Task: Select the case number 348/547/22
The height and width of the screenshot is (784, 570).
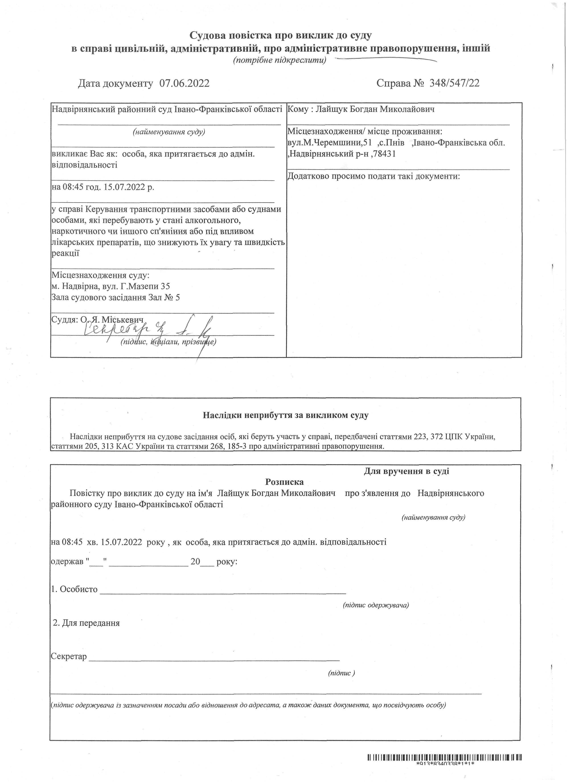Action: click(x=454, y=83)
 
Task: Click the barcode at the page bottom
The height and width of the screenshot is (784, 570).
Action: click(x=445, y=768)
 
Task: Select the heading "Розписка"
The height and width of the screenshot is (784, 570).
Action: click(x=284, y=482)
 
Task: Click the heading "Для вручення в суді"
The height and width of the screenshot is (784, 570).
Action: click(x=406, y=471)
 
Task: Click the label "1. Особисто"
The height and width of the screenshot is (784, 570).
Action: click(x=74, y=589)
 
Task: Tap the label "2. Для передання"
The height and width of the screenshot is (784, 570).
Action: click(x=86, y=623)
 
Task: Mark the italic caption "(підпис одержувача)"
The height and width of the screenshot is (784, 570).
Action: click(x=376, y=605)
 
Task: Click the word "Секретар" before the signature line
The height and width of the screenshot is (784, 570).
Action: click(x=69, y=656)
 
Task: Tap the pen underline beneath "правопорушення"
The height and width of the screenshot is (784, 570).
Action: click(x=387, y=59)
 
